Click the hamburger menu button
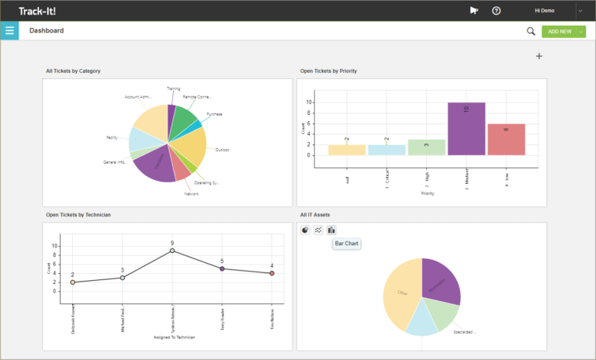pos(10,31)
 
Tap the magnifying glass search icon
pos(531,31)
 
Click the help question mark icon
pos(497,11)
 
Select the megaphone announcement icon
pos(474,11)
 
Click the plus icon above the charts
pos(539,56)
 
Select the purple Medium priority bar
pos(466,129)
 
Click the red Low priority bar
pos(506,140)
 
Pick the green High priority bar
pos(426,147)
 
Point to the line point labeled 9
pos(172,251)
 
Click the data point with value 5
pos(222,268)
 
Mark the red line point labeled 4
pos(272,273)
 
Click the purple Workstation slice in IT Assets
pos(442,280)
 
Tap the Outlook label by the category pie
pos(222,150)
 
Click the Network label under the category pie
pos(191,194)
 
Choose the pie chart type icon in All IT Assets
pos(305,230)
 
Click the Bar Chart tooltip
pos(346,244)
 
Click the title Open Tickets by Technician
pos(79,214)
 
